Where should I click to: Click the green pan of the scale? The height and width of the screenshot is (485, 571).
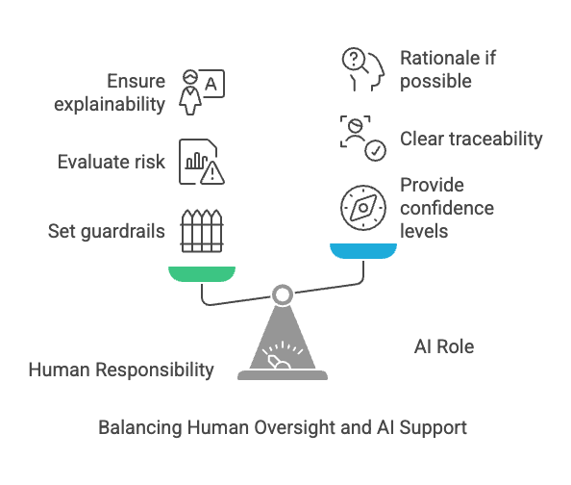(202, 274)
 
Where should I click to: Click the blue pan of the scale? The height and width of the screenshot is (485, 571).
(363, 251)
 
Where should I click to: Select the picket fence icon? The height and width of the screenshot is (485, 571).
(202, 231)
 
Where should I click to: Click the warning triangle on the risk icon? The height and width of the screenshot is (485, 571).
(212, 172)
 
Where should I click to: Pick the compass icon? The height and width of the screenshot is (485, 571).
(363, 208)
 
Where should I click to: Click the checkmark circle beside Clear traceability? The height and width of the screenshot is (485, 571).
(376, 150)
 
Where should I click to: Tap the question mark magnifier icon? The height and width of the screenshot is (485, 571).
(355, 60)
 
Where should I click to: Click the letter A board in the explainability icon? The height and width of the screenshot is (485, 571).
(212, 84)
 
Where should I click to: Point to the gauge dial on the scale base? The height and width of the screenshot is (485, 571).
(283, 355)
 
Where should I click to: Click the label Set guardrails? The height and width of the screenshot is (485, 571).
(107, 231)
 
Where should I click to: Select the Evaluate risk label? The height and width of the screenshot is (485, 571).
(112, 162)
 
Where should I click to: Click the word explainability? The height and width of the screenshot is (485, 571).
(110, 104)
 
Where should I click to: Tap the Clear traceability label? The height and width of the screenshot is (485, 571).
(471, 139)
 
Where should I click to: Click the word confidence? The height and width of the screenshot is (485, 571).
(447, 208)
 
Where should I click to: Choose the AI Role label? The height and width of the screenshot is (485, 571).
(444, 346)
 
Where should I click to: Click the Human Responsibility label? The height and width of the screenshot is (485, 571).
(121, 370)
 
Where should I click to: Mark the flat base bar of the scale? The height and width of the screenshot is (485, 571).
(283, 375)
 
